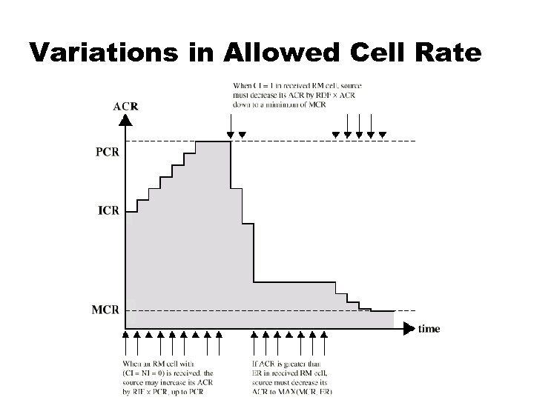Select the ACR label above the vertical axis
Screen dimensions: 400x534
[125, 105]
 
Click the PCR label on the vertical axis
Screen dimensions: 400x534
[107, 153]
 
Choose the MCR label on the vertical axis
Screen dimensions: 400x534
[105, 309]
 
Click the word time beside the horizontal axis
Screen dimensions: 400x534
[429, 329]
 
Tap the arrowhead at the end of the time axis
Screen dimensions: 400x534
[410, 326]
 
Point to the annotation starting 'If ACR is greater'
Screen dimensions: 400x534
[292, 376]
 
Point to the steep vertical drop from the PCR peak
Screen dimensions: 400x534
[231, 167]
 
